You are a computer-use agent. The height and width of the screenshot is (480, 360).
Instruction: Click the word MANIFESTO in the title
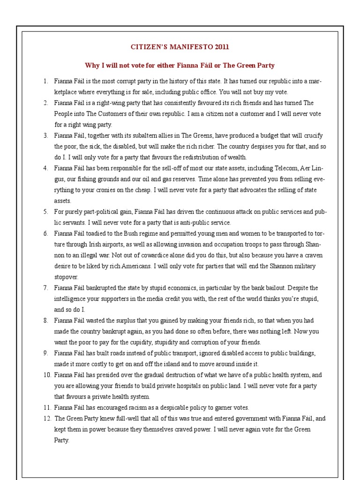pyautogui.click(x=187, y=47)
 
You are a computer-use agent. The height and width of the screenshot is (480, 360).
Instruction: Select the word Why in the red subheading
pyautogui.click(x=90, y=65)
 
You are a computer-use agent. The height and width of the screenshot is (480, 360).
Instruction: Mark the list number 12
pyautogui.click(x=46, y=419)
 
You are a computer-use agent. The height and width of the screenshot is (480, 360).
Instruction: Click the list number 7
pyautogui.click(x=46, y=288)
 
